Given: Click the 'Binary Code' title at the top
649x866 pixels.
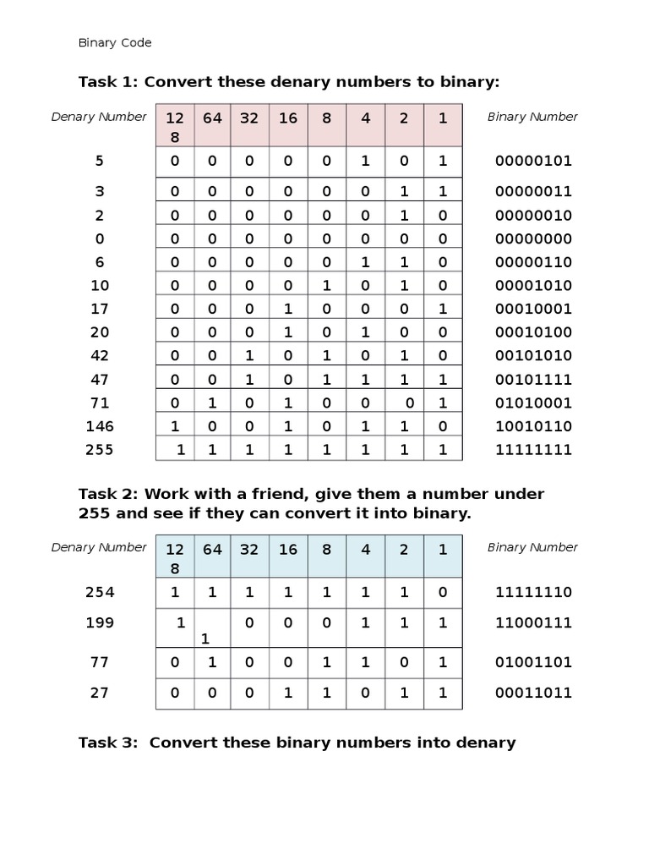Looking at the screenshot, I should (x=114, y=42).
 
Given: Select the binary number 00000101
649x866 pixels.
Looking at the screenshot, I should (x=533, y=161).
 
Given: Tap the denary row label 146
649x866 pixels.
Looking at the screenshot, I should (x=99, y=426).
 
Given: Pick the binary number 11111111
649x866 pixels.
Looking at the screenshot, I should (x=533, y=450).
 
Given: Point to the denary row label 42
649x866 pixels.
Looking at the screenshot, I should (x=99, y=356).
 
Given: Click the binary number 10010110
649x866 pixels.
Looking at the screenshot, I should (x=533, y=426).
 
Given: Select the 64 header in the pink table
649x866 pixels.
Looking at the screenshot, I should (x=212, y=118).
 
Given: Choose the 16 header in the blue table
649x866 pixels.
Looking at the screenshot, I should (x=288, y=550).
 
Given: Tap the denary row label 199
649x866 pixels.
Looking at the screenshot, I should (x=99, y=623).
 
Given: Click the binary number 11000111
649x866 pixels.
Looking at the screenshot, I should (x=533, y=623).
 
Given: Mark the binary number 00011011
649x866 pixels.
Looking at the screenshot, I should (x=533, y=693).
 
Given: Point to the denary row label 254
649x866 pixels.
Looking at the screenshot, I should (x=99, y=592).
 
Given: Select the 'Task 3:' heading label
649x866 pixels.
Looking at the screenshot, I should (x=110, y=743).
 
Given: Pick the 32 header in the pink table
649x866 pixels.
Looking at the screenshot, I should (x=249, y=118).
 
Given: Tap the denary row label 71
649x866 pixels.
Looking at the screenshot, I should (x=99, y=403).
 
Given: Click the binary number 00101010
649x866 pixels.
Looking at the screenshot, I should (x=533, y=356).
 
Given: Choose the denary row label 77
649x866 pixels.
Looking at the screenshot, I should (x=99, y=662).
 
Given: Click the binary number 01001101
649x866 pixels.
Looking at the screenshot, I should (x=533, y=662).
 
